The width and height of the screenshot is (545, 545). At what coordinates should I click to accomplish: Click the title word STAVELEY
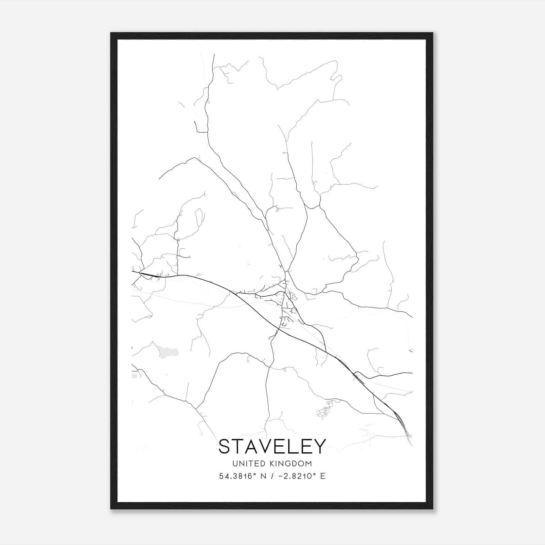(272, 447)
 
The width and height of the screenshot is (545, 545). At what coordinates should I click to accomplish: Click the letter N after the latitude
(263, 476)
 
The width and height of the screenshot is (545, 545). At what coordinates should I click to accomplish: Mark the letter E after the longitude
(323, 476)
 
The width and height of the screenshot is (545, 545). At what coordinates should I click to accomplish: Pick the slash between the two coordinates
(272, 476)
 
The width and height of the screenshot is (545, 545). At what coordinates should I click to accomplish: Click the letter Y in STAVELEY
(320, 447)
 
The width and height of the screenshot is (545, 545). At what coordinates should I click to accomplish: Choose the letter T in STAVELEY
(239, 447)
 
